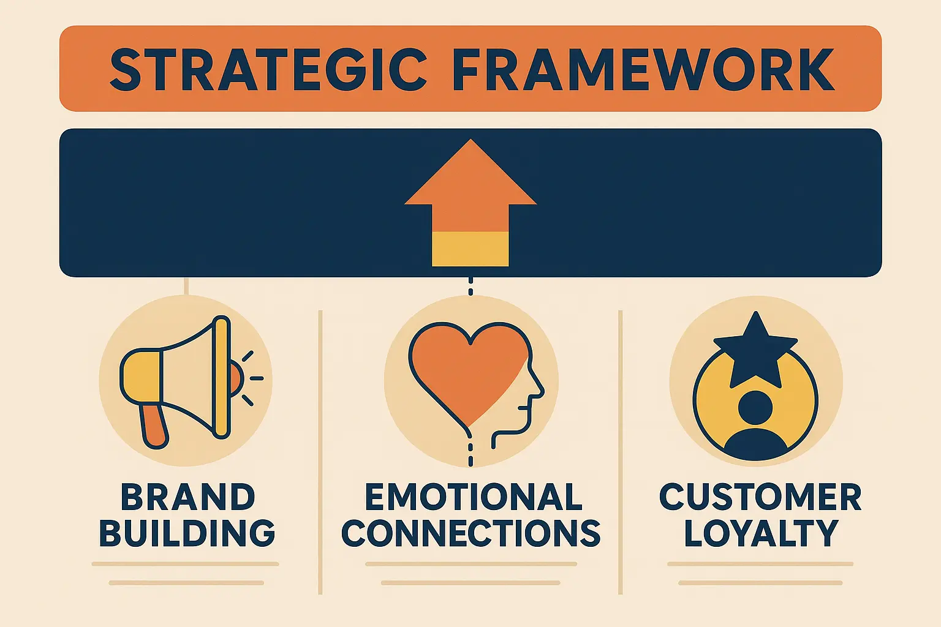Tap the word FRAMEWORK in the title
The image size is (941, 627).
point(643,69)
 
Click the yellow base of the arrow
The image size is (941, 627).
point(470,249)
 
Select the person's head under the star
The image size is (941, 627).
point(755,407)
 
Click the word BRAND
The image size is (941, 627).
point(188,497)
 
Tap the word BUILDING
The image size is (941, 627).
point(187,533)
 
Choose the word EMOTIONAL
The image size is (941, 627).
point(474,497)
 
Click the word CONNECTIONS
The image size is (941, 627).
point(471,533)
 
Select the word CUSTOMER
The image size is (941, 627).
point(761,497)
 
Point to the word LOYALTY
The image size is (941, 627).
point(761,533)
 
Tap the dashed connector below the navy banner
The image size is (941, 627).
point(470,286)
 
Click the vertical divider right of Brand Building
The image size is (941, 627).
point(320,452)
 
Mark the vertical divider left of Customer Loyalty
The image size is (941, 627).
point(621,452)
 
